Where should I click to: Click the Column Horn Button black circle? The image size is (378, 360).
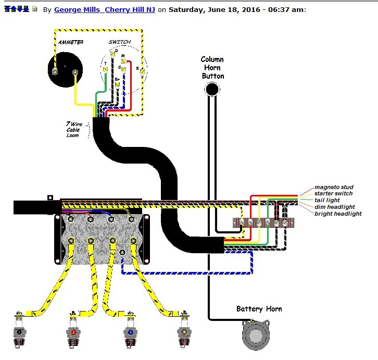click(x=212, y=90)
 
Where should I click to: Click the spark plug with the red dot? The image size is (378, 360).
click(x=74, y=332)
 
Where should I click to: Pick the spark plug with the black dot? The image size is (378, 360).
click(x=19, y=332)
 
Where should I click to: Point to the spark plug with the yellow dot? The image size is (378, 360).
click(x=183, y=332)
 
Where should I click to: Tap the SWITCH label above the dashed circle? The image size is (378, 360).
click(x=120, y=42)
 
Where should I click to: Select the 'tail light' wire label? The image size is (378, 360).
click(x=327, y=200)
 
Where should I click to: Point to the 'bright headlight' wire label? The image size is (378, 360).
click(x=337, y=214)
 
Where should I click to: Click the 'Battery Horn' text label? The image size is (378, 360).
click(x=259, y=309)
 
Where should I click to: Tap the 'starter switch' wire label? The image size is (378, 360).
click(x=334, y=194)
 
